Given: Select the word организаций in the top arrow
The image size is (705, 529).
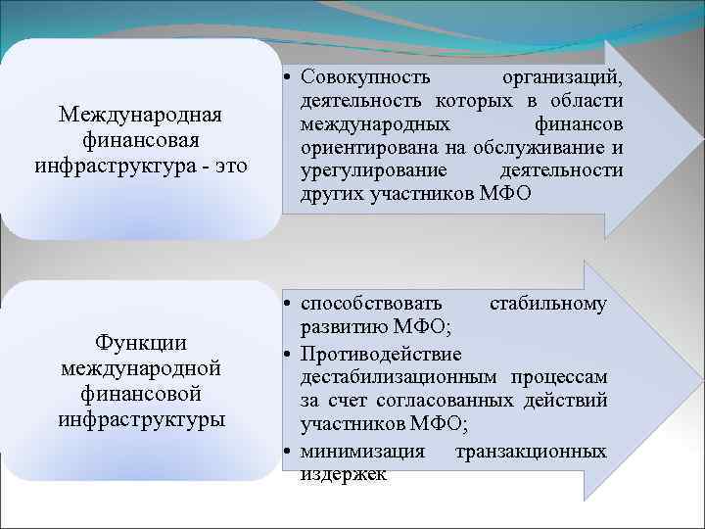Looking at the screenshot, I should [562, 77].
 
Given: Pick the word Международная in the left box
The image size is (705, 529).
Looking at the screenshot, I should [140, 116].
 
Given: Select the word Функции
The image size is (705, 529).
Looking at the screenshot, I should [140, 344].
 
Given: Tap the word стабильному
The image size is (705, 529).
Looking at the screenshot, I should [547, 305].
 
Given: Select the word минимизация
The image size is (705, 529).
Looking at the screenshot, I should [362, 452].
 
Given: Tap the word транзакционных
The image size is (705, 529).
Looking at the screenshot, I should [531, 452].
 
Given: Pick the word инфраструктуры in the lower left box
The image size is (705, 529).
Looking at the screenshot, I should [140, 420].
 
